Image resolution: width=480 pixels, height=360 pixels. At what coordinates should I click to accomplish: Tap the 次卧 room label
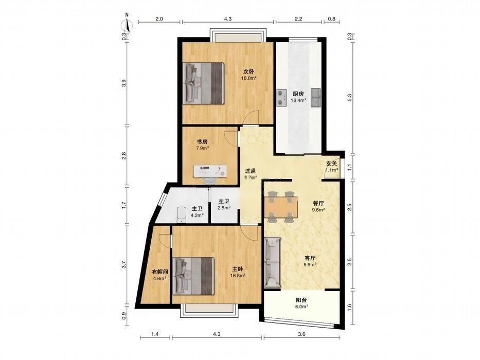(x=248, y=71)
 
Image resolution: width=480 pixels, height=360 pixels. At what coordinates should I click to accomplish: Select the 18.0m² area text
(x=248, y=78)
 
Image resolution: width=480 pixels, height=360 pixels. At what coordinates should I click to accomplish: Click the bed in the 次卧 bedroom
(x=204, y=83)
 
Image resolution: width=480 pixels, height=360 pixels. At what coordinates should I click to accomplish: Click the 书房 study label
(x=202, y=142)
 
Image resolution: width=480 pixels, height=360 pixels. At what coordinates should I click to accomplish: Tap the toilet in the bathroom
(x=182, y=214)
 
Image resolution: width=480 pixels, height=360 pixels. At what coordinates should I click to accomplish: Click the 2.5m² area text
(x=224, y=208)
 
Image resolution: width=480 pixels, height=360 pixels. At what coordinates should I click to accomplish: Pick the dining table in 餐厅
(x=281, y=207)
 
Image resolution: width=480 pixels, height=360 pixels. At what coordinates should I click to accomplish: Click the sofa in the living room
(x=273, y=262)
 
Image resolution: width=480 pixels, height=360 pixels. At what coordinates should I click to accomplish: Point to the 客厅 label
(x=310, y=258)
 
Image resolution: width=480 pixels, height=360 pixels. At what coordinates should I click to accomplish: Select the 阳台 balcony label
(x=301, y=300)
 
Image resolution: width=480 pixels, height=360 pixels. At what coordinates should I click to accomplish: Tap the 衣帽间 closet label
(x=160, y=272)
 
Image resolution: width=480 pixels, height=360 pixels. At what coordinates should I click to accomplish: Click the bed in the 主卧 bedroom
(x=193, y=276)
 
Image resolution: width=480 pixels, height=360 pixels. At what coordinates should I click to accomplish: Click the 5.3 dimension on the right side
(x=350, y=97)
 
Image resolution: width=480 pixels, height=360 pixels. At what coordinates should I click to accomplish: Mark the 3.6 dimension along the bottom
(x=301, y=334)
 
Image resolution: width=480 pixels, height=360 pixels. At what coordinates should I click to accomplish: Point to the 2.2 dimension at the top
(x=298, y=19)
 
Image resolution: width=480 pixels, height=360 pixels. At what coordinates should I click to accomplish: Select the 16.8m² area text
(x=238, y=276)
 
